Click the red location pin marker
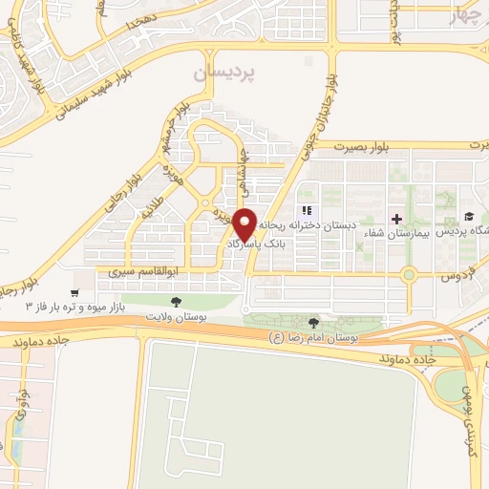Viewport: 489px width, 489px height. click(x=244, y=223)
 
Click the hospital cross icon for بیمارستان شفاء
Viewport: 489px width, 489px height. click(x=397, y=218)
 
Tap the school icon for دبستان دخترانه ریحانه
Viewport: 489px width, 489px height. click(x=307, y=211)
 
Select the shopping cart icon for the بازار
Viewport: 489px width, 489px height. click(x=74, y=292)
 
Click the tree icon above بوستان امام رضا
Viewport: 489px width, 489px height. click(x=314, y=322)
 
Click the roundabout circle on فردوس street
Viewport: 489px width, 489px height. click(x=409, y=276)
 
